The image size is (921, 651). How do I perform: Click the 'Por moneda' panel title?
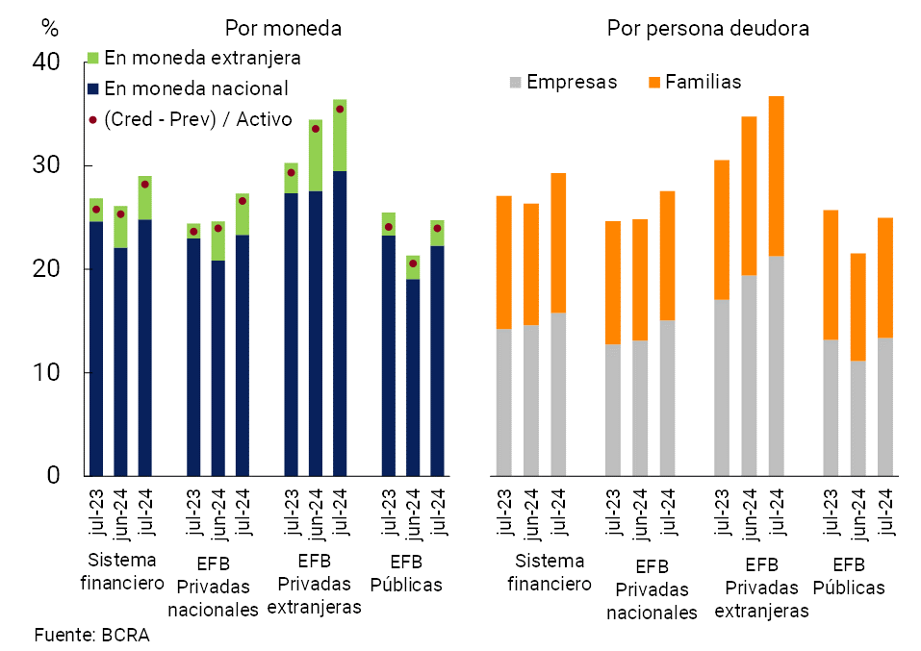pos(283,29)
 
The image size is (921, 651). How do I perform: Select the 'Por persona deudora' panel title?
pos(707,29)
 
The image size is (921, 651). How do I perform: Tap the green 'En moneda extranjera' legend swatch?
pos(93,58)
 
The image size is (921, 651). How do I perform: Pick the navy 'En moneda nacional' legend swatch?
pos(93,88)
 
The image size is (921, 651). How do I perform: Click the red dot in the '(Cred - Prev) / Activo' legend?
pos(93,119)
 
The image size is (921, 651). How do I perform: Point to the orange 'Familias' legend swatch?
pos(654,83)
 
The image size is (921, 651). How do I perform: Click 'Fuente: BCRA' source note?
pos(91,635)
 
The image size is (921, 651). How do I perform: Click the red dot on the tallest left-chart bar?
pos(340,110)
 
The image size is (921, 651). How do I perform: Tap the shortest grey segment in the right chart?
pos(858,418)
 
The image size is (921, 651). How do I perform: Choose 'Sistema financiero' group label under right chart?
pos(549,572)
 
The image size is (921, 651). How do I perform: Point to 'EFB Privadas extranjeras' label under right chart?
pos(761,588)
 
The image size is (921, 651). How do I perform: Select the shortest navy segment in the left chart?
pos(413,377)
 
